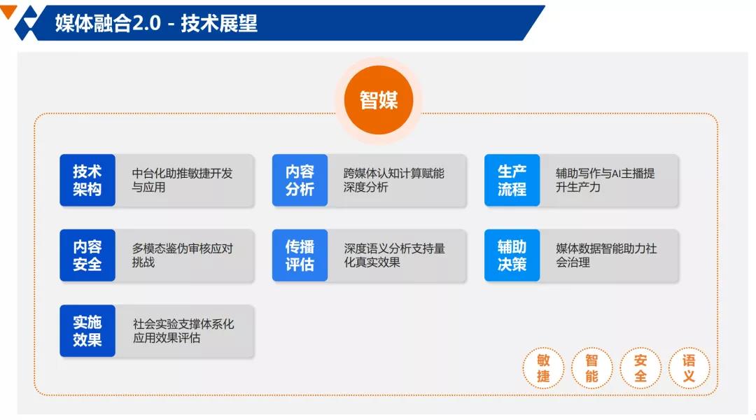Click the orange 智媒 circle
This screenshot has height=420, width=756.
click(x=379, y=100)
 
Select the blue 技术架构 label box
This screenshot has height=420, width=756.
click(x=87, y=181)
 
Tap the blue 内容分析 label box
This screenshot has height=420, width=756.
click(x=300, y=181)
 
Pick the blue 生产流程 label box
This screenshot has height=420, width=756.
click(x=512, y=181)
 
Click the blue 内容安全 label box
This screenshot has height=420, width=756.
click(x=87, y=255)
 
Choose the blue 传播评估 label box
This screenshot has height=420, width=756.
click(x=300, y=255)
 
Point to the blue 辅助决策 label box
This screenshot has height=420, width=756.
click(x=512, y=255)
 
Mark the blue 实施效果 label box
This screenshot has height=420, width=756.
click(x=87, y=331)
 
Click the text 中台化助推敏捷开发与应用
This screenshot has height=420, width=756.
click(x=182, y=180)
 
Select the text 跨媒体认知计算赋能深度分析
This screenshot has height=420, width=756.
click(x=394, y=180)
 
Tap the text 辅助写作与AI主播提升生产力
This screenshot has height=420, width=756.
click(x=605, y=180)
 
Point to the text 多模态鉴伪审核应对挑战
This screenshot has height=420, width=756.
click(x=182, y=255)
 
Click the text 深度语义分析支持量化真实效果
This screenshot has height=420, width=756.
click(x=394, y=255)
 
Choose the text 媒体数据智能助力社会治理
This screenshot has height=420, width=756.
click(x=606, y=255)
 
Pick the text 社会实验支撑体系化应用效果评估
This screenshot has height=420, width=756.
click(x=183, y=331)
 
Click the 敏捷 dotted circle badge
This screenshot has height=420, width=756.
click(x=543, y=368)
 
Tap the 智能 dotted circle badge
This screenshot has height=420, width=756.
click(x=591, y=368)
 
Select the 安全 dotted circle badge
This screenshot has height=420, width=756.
click(x=640, y=368)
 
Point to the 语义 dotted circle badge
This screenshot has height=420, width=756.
click(x=689, y=368)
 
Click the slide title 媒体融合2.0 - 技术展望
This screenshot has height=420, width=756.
click(x=156, y=22)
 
